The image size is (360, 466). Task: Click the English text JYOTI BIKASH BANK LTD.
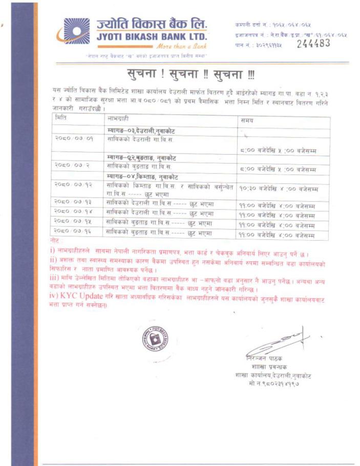152,37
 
